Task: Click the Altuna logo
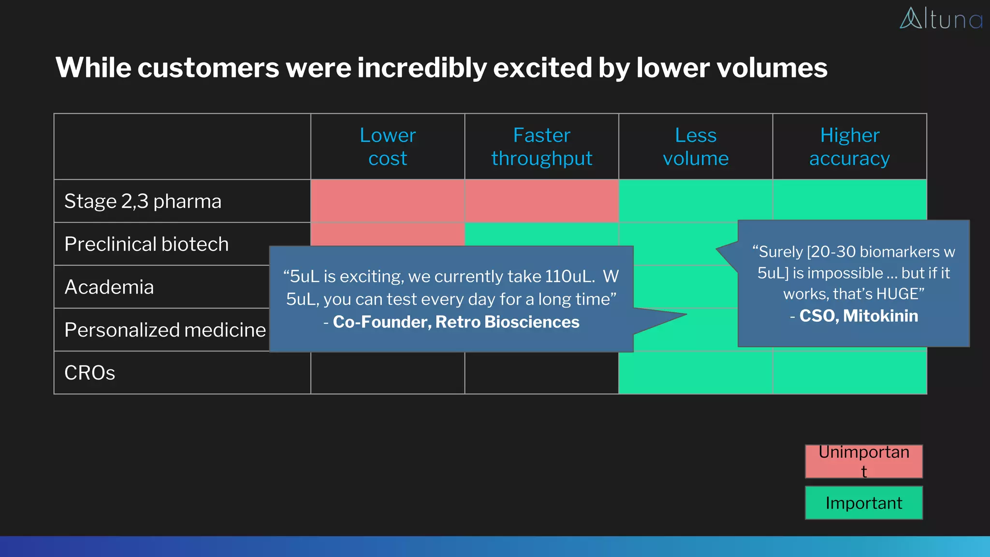point(941,19)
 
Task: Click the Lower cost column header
point(388,147)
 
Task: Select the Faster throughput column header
point(541,147)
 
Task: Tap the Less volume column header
point(696,147)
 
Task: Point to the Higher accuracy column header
point(849,147)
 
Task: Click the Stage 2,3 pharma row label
point(143,201)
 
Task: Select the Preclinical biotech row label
point(146,244)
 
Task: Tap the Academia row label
point(109,287)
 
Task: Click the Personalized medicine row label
point(165,330)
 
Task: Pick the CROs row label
point(90,373)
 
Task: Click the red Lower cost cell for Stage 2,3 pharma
point(388,201)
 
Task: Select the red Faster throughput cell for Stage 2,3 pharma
point(541,201)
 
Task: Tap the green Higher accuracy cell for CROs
point(849,373)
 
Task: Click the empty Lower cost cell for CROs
point(388,373)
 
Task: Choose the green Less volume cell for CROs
point(696,373)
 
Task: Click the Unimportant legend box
point(864,461)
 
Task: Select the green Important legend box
point(864,503)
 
